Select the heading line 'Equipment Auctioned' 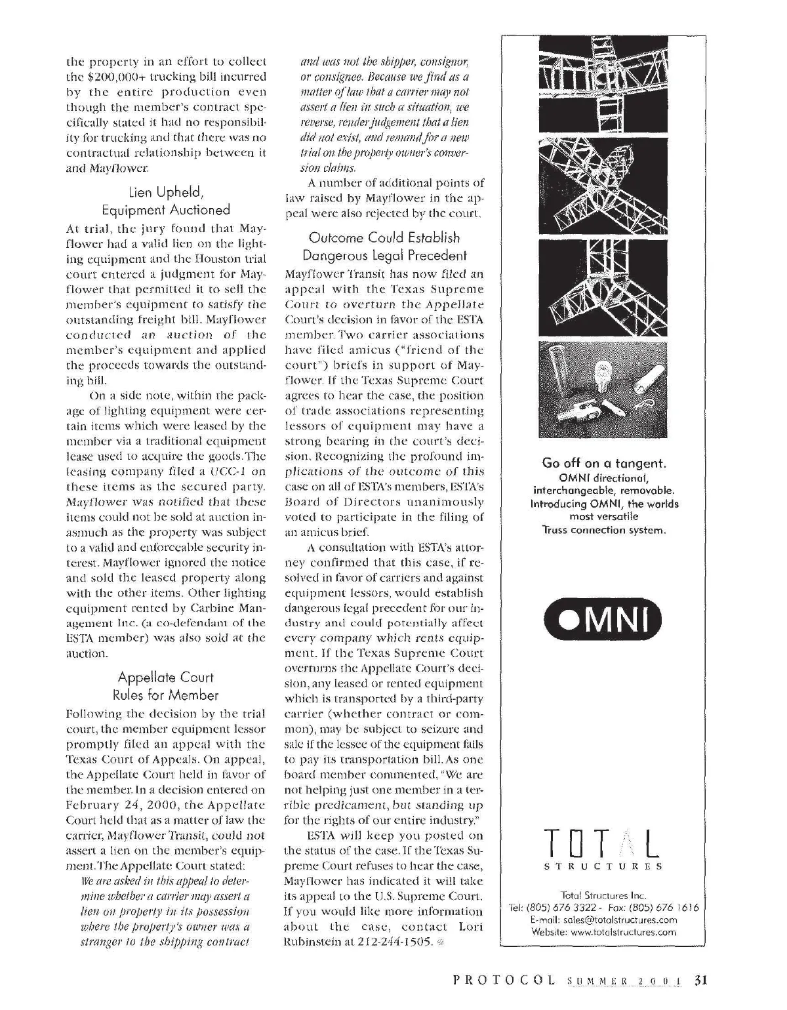coord(166,210)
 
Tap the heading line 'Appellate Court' coord(166,677)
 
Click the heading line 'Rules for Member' coord(166,695)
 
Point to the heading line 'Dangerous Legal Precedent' coord(384,255)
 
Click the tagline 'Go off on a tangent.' coord(604,463)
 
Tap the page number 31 coord(702,982)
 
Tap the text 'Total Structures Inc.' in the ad coord(604,895)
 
